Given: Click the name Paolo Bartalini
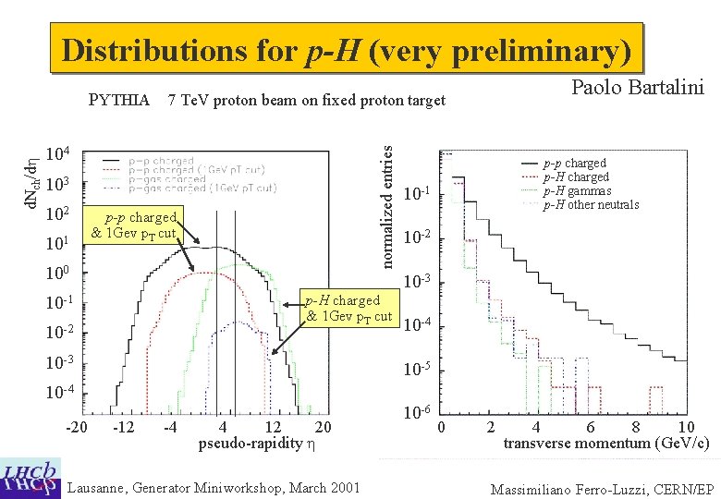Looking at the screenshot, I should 638,88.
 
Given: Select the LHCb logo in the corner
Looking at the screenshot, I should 31,477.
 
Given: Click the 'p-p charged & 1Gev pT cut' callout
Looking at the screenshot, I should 139,225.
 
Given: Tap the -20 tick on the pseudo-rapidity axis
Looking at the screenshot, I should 77,426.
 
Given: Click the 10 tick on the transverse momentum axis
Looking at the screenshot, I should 685,426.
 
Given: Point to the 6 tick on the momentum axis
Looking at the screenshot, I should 589,426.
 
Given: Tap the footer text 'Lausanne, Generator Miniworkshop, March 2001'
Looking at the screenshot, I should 214,487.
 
